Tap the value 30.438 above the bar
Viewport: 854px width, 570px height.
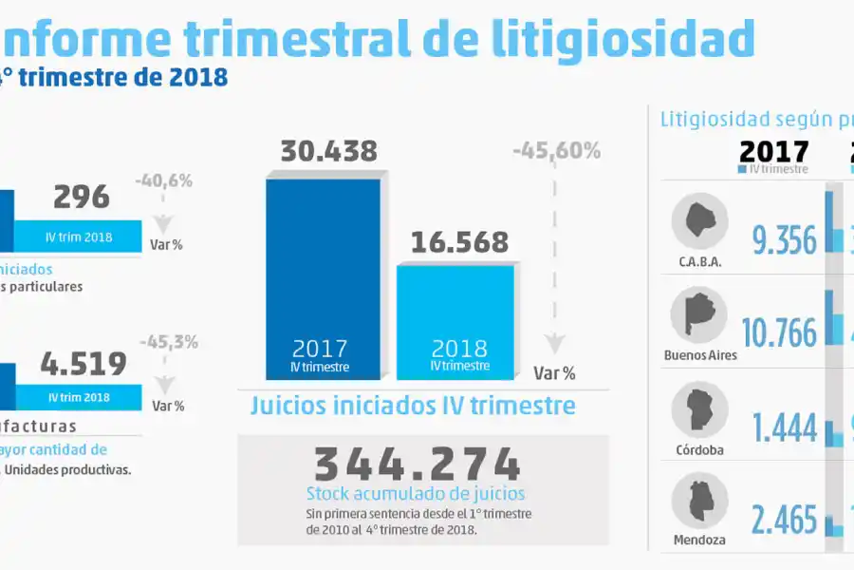(328, 151)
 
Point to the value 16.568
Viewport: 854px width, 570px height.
(459, 242)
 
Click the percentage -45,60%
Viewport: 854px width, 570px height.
(556, 150)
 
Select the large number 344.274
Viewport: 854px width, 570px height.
(418, 464)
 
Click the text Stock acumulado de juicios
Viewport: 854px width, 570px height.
(416, 494)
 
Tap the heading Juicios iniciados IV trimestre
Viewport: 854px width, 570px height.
(413, 406)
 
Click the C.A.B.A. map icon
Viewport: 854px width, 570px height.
(699, 222)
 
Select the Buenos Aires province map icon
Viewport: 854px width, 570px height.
(698, 315)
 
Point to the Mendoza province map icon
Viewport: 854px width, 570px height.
(699, 502)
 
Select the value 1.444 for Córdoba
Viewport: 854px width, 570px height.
(784, 427)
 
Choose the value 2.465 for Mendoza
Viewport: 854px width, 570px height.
(783, 520)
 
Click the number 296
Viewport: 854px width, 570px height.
(81, 197)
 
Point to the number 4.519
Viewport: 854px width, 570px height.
(84, 364)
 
